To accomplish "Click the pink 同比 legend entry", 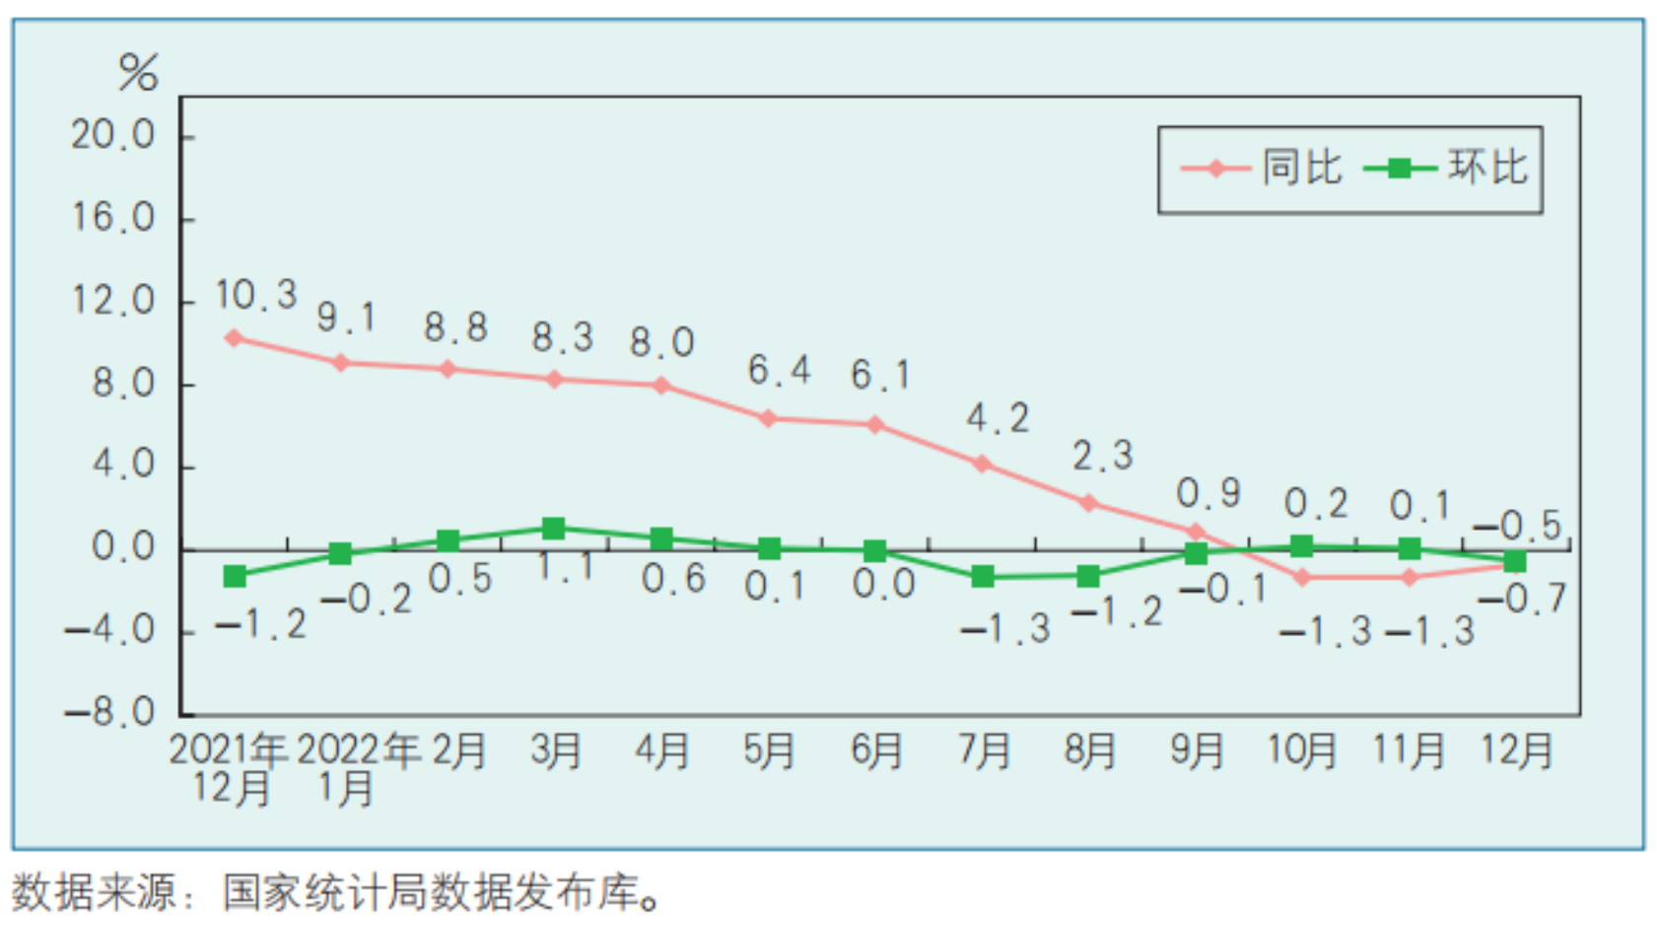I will coord(1263,169).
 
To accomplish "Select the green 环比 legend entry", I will coord(1447,169).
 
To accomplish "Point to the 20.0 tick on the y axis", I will coord(113,135).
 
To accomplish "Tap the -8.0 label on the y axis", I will coord(110,712).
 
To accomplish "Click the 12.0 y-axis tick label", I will coord(113,301).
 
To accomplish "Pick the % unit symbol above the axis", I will coord(138,73).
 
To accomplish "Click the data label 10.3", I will coord(255,295).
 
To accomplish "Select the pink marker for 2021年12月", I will coord(234,338).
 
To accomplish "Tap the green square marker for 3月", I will coord(554,529).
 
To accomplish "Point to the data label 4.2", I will coord(998,419).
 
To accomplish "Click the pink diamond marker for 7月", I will coord(982,464).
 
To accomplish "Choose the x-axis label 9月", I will coord(1197,751).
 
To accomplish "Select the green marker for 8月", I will coord(1088,576).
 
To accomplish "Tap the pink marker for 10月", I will coord(1302,578).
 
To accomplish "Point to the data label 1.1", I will coord(566,567).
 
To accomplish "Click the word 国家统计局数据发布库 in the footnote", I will coord(431,894).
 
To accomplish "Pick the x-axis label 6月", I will coord(876,751).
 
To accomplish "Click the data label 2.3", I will coord(1103,457).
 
